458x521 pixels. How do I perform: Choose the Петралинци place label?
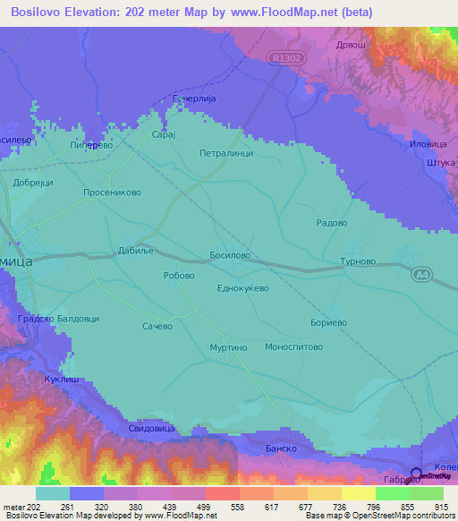coord(226,153)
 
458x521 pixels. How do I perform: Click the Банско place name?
coord(281,448)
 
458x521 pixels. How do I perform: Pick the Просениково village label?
coord(112,192)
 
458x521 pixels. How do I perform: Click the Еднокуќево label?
coord(243,288)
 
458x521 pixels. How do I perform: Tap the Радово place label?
coord(333,223)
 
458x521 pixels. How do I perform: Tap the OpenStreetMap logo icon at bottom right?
coord(418,474)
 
